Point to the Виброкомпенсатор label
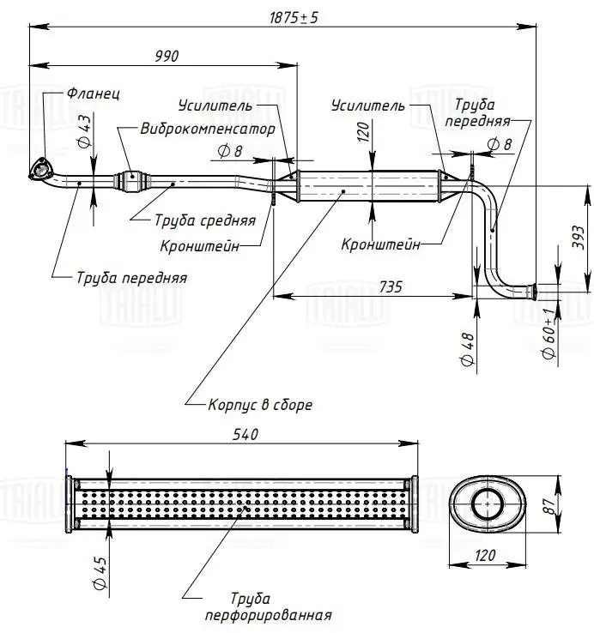(x=208, y=129)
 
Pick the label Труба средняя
(x=205, y=220)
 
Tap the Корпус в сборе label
(x=260, y=404)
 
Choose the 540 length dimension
(x=245, y=435)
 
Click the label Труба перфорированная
(x=268, y=606)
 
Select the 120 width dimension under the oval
(x=486, y=555)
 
